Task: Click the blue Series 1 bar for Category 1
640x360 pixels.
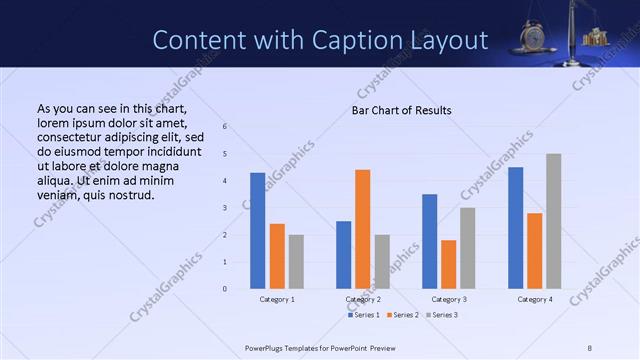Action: point(258,231)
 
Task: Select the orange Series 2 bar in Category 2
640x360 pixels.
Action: point(362,229)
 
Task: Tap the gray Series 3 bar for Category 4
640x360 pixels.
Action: point(553,221)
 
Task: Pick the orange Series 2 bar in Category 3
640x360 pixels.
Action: point(448,264)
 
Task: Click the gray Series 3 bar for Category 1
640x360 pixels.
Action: point(296,262)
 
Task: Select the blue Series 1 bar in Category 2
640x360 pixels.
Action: point(343,255)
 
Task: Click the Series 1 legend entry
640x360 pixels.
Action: point(363,315)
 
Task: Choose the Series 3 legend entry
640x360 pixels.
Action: point(442,315)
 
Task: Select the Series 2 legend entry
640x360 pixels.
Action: point(403,315)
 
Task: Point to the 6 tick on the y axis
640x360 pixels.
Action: point(225,126)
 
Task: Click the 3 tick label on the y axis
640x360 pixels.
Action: point(225,208)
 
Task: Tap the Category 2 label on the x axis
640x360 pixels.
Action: point(363,299)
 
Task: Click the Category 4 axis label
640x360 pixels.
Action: point(534,299)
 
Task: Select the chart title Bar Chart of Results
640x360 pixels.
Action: point(401,110)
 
